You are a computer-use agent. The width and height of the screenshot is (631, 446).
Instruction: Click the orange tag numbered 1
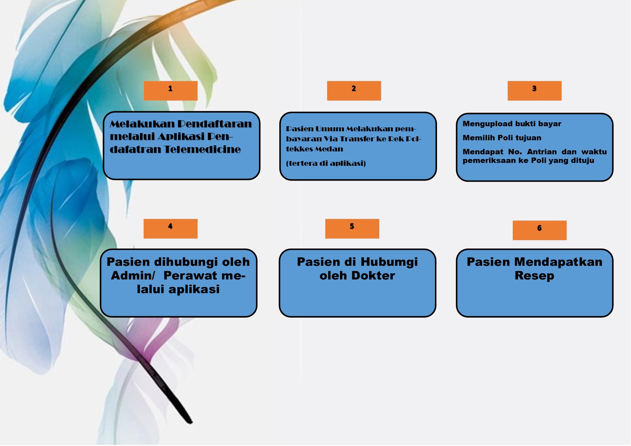coord(171,91)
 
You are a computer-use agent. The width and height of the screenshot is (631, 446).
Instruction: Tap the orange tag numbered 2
coord(354,91)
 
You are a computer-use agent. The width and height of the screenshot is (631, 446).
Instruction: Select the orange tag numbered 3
coord(535,91)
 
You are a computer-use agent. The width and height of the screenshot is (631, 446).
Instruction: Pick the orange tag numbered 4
coord(171,229)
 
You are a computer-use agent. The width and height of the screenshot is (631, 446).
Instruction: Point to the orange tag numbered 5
coord(352,229)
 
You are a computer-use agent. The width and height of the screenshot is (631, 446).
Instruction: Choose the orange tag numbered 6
coord(540,230)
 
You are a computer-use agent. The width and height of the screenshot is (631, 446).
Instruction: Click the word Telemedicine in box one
coord(203,149)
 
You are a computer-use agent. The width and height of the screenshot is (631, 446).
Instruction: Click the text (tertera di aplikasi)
coord(326,163)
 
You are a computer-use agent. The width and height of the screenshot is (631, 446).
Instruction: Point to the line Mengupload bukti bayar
coord(512,124)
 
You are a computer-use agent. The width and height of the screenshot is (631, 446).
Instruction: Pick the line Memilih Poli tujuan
coord(502,138)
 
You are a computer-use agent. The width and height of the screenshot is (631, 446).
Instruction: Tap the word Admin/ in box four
coord(133,276)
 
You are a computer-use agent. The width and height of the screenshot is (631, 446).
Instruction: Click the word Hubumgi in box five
coord(389,262)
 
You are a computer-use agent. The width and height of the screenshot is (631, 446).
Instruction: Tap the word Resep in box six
coord(535,276)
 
